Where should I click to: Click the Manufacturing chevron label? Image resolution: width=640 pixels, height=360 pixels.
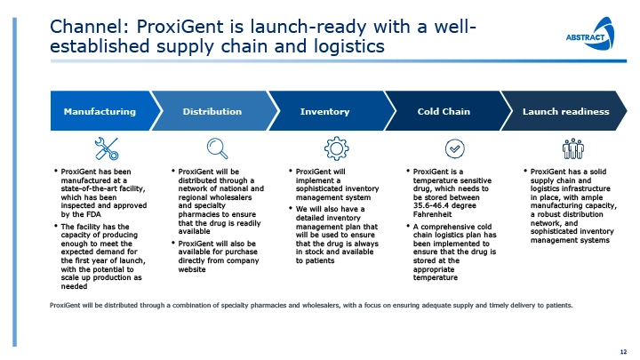[x=100, y=111]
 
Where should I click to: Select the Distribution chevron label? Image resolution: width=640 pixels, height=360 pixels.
[x=212, y=111]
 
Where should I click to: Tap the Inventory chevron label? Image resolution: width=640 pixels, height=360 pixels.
[x=325, y=111]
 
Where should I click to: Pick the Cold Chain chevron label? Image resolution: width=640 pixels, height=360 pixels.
[x=444, y=111]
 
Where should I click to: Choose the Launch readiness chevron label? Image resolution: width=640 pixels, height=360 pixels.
[x=565, y=111]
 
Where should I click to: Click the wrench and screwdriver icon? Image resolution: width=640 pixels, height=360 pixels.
[x=107, y=148]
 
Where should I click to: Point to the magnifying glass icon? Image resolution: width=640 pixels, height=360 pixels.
[x=217, y=148]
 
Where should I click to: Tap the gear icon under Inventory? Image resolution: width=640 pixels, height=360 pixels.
[x=336, y=148]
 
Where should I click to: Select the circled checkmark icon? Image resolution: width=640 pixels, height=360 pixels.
[x=455, y=148]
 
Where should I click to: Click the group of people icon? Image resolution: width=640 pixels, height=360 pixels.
[x=573, y=148]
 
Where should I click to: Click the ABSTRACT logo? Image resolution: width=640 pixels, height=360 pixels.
[x=590, y=34]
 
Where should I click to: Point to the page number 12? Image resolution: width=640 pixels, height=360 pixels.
[x=623, y=352]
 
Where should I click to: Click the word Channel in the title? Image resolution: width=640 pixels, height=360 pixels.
[x=85, y=27]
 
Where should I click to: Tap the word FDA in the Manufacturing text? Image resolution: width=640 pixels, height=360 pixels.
[x=92, y=214]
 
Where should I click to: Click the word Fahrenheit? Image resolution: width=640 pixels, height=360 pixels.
[x=432, y=214]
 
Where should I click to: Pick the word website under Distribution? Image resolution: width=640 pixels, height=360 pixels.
[x=192, y=269]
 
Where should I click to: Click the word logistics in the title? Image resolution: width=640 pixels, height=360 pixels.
[x=349, y=46]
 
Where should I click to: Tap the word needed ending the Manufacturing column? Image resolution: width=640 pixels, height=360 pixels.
[x=74, y=286]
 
